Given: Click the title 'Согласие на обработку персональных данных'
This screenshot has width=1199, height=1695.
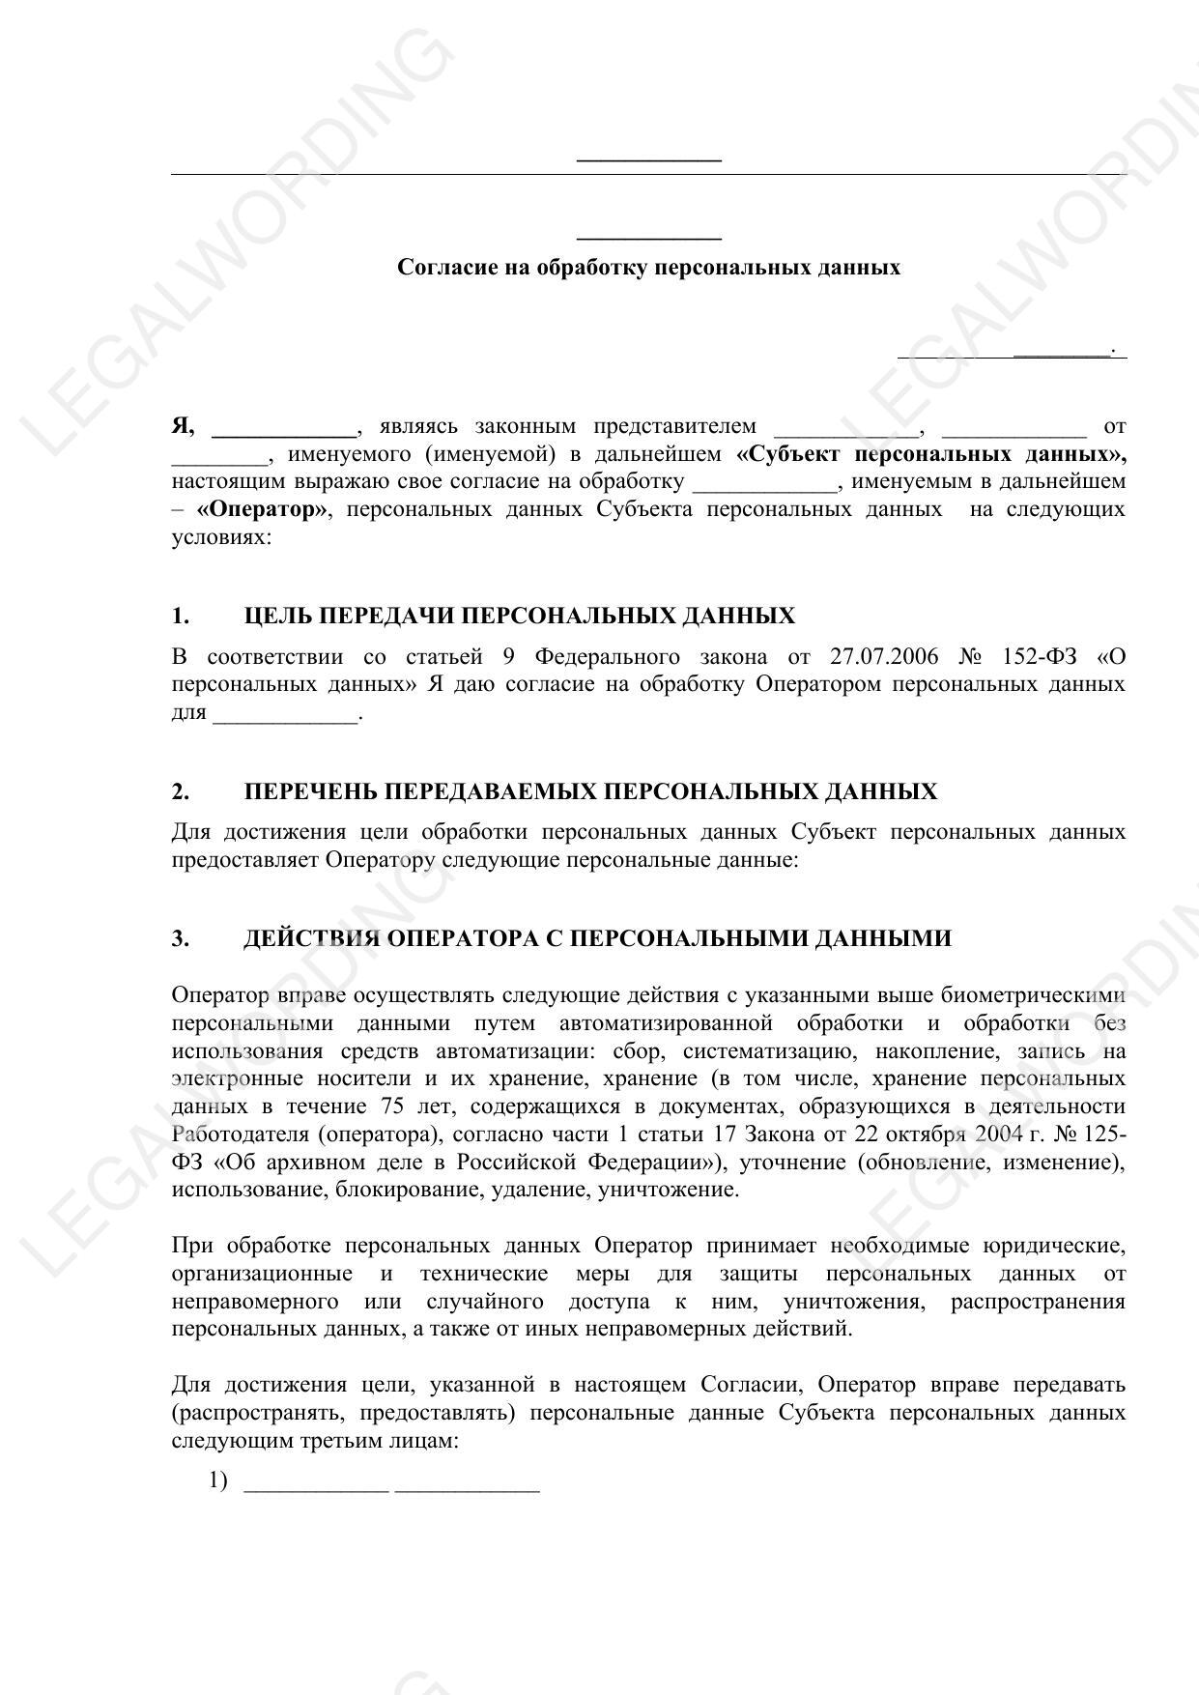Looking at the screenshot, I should coord(648,268).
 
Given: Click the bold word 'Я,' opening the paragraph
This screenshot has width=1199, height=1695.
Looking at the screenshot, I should coord(184,426).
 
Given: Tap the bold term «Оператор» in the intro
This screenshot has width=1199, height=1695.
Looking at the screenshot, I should coord(262,509).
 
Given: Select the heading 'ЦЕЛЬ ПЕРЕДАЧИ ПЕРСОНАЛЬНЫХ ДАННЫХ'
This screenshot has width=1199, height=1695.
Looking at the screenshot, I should coord(520,617).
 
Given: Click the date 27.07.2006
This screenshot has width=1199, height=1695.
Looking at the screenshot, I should coord(883,657).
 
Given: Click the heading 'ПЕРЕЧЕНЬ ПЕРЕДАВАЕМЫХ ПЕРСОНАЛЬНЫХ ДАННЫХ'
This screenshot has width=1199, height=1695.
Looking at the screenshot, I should coord(590,792).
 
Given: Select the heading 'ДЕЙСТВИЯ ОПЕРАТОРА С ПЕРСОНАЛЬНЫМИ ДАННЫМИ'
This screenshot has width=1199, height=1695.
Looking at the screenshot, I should coord(597,938).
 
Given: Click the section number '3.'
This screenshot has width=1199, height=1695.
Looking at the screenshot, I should coord(181,938).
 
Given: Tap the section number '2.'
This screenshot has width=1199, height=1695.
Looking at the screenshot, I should coord(181,792).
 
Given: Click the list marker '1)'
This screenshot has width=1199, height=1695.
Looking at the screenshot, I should coord(217,1480).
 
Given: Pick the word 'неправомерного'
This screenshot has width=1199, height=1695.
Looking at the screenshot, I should coord(255,1302).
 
